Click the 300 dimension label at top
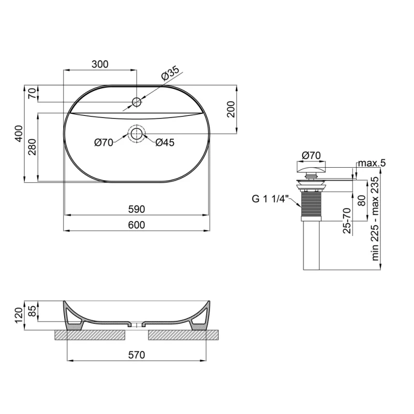click(x=100, y=64)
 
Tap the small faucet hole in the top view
click(x=137, y=102)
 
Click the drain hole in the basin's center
click(x=137, y=134)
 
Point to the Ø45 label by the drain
click(x=165, y=143)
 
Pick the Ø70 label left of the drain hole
click(x=103, y=143)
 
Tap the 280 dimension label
click(x=32, y=149)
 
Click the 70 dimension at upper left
click(x=32, y=94)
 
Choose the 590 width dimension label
click(x=137, y=209)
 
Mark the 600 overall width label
click(x=137, y=225)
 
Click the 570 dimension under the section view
click(x=137, y=354)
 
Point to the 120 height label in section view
click(x=18, y=313)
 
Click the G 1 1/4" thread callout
click(x=273, y=197)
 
